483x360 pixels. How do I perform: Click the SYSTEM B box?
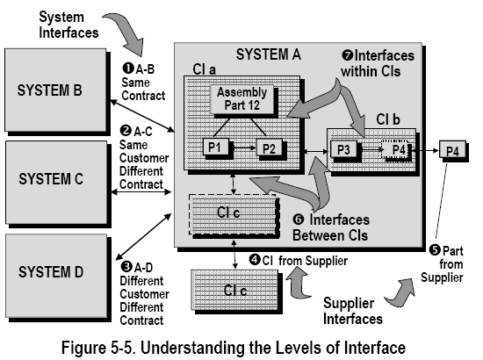(55, 90)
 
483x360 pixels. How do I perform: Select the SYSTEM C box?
(56, 183)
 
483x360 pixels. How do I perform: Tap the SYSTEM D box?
(56, 276)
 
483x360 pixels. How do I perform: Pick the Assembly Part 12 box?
(241, 99)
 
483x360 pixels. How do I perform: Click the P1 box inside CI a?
(216, 147)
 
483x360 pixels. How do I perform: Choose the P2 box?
(269, 148)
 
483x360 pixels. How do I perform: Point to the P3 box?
(343, 149)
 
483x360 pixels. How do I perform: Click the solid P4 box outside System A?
(452, 150)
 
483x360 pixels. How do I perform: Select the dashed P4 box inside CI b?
(395, 149)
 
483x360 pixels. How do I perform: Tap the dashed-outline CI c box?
(232, 214)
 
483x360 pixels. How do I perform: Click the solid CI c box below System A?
(234, 290)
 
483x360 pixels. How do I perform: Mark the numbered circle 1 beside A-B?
(128, 68)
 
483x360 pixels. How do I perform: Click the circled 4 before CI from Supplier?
(255, 260)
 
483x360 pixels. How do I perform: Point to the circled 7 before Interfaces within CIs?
(347, 55)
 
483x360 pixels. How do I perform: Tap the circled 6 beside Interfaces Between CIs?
(299, 220)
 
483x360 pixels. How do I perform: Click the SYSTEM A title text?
(269, 54)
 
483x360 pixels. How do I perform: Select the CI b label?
(388, 119)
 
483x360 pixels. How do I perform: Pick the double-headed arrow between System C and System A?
(141, 192)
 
